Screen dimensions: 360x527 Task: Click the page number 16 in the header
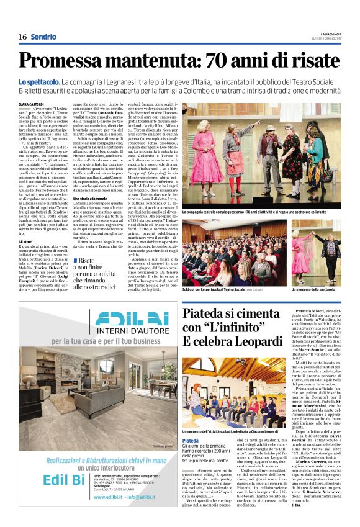point(22,37)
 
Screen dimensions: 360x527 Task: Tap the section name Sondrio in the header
point(43,37)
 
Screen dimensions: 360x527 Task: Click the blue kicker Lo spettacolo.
point(39,83)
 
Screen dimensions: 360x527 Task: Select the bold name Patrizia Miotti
point(313,309)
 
